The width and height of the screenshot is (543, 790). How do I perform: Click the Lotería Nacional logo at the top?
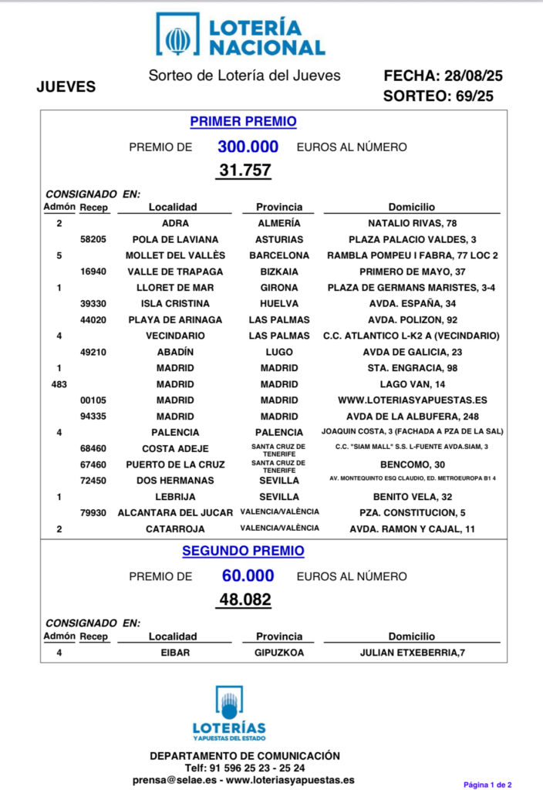point(241,34)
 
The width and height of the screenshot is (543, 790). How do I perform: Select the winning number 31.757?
point(244,170)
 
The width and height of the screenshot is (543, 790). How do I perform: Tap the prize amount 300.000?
point(248,147)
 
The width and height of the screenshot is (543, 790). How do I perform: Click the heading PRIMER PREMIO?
point(243,121)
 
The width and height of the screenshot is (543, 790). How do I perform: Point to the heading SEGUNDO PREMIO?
point(243,551)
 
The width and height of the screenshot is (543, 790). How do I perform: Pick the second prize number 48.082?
point(244,599)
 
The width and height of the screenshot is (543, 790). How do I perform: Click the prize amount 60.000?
point(248,576)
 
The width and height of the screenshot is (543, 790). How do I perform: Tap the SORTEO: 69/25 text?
point(438,96)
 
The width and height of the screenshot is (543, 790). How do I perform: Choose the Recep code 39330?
point(94,304)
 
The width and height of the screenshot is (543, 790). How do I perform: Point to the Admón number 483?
point(59,384)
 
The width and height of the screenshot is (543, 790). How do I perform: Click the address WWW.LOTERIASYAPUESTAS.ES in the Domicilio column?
point(412,400)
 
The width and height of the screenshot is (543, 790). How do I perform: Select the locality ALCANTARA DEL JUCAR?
point(175,513)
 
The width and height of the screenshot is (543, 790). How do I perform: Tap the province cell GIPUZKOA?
point(279,653)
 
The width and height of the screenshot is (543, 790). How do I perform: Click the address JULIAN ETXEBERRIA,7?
point(412,653)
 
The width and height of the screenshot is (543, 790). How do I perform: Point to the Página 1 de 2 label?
point(487,784)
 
